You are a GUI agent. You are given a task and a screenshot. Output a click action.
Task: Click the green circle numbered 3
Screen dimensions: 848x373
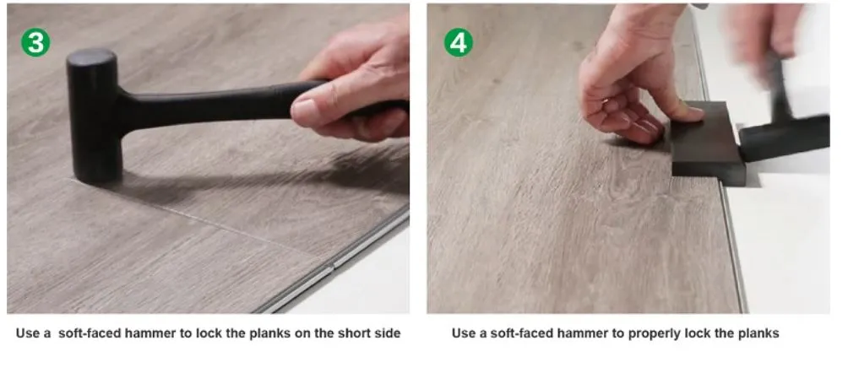tap(35, 43)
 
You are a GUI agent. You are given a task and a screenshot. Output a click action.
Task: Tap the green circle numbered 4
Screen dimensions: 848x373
tap(459, 43)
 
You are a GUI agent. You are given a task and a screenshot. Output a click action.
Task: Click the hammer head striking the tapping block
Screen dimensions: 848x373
tap(784, 138)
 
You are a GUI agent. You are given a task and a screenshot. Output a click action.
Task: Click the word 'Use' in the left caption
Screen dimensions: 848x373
tap(26, 333)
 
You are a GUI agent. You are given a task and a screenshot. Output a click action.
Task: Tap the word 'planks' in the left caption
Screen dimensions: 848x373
tap(269, 333)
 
